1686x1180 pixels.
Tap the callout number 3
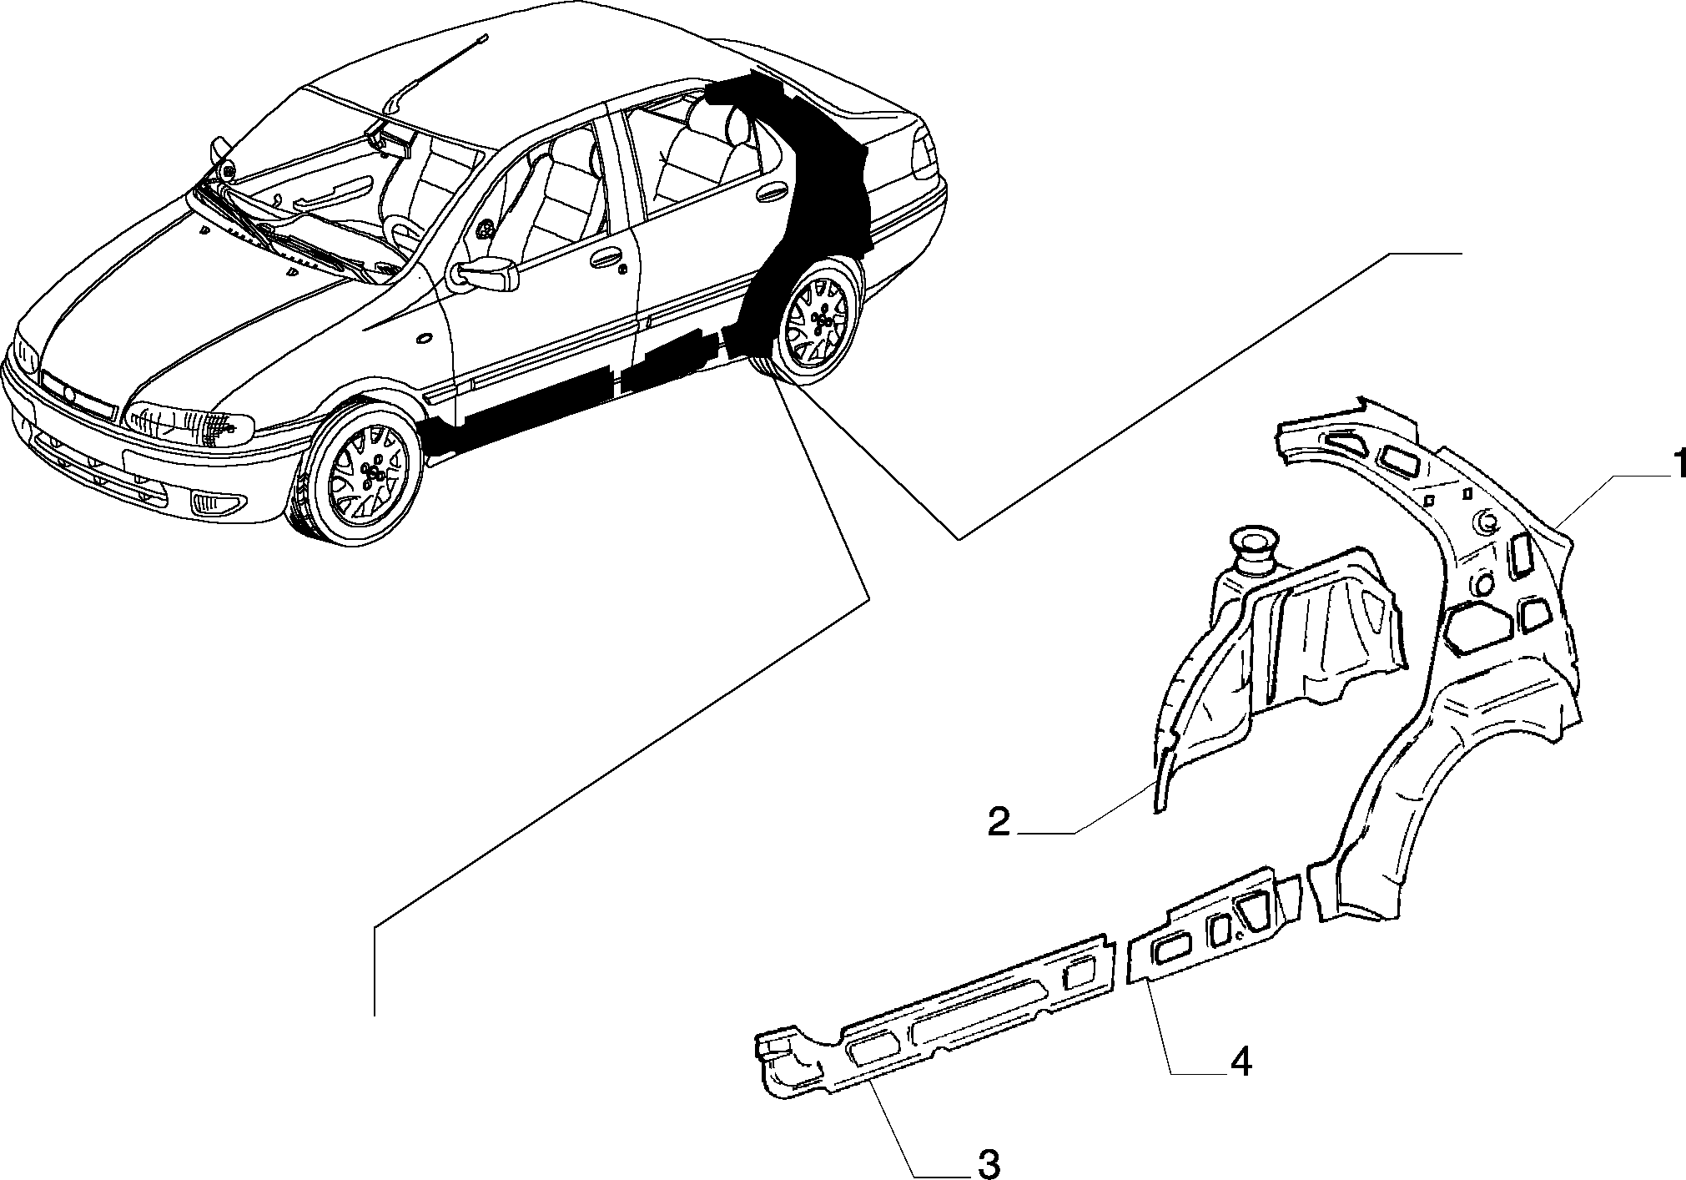pos(988,1162)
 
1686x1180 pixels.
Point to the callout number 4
pos(1240,1062)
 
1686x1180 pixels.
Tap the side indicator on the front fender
pos(423,339)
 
